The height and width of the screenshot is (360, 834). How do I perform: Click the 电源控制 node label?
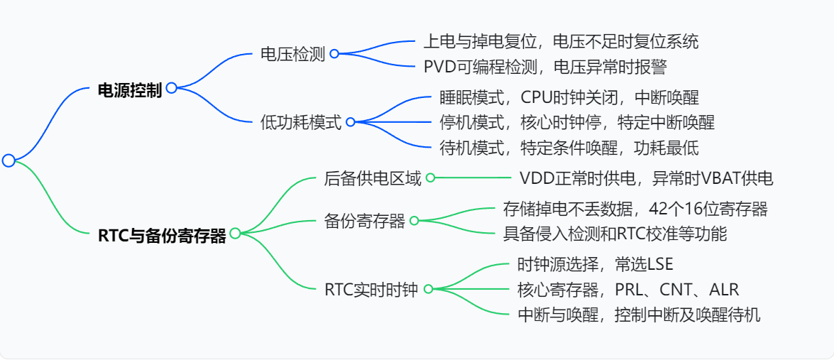coord(129,89)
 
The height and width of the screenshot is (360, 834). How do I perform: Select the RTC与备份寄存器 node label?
coord(162,235)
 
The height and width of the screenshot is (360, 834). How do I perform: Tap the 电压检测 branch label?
coord(292,54)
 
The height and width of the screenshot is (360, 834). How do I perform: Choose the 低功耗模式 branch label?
coord(301,122)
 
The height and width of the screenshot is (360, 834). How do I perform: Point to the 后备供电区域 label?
coord(373,178)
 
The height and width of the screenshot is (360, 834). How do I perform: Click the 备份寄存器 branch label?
coord(364,221)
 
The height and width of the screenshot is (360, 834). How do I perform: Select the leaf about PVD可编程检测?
coord(545,67)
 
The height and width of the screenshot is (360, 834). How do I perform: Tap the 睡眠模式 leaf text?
coord(574,97)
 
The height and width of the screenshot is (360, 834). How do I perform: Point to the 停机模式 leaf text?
coord(576,122)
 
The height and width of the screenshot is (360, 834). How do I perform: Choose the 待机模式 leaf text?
coord(569,148)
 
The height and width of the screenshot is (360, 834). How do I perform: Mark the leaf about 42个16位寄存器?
coord(635,209)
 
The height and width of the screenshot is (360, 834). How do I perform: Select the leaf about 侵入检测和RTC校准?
coord(615,233)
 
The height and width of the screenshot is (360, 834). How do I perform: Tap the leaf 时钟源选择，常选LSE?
coord(595,264)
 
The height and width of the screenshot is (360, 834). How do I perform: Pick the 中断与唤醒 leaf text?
coord(639,315)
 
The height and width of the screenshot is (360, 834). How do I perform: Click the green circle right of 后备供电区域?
coord(430,178)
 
